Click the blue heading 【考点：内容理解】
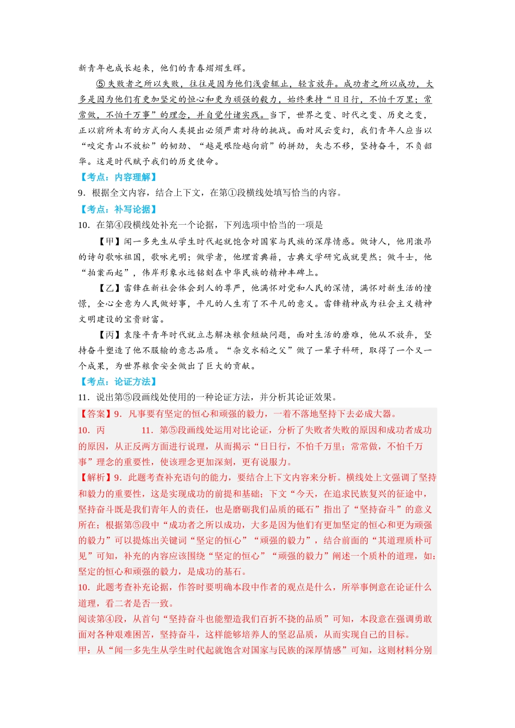tap(118, 177)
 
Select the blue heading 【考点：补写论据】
tap(118, 209)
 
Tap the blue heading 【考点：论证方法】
tap(118, 381)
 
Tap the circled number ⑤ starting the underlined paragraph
tap(101, 84)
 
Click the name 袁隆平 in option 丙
tap(138, 335)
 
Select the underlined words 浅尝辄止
tap(269, 84)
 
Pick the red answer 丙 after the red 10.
tap(100, 430)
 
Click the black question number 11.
tap(83, 397)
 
